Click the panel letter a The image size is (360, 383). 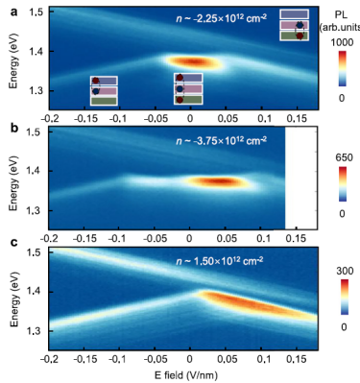pyautogui.click(x=13, y=12)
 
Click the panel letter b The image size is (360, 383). pyautogui.click(x=13, y=128)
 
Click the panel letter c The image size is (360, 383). pyautogui.click(x=13, y=243)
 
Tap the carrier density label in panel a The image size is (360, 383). pyautogui.click(x=221, y=17)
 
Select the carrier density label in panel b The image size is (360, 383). pyautogui.click(x=221, y=140)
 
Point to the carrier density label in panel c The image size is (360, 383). pyautogui.click(x=220, y=261)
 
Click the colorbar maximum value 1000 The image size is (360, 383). pyautogui.click(x=341, y=42)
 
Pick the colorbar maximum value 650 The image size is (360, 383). pyautogui.click(x=342, y=157)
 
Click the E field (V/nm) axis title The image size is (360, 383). pyautogui.click(x=185, y=374)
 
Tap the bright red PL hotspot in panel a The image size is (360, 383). pyautogui.click(x=191, y=61)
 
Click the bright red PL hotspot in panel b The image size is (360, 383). pyautogui.click(x=219, y=181)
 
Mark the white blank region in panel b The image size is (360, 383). pyautogui.click(x=300, y=178)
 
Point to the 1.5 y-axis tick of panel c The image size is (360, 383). pyautogui.click(x=36, y=253)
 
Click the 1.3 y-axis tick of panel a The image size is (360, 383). pyautogui.click(x=36, y=91)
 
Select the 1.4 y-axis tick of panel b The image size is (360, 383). pyautogui.click(x=36, y=171)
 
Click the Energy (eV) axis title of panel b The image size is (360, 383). pyautogui.click(x=13, y=184)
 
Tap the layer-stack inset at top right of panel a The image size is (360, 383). pyautogui.click(x=295, y=25)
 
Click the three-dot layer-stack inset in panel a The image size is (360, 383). pyautogui.click(x=188, y=88)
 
